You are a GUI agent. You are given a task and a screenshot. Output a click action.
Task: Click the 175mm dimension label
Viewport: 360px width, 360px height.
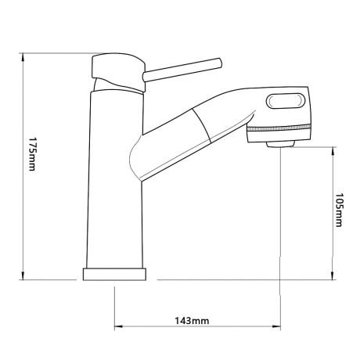[x=32, y=154]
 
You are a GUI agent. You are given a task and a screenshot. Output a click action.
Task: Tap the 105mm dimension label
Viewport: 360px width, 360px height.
[x=339, y=210]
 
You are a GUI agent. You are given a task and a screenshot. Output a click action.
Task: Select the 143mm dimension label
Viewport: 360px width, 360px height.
[x=192, y=321]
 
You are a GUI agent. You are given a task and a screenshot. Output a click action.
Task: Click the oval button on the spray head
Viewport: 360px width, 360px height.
[x=286, y=101]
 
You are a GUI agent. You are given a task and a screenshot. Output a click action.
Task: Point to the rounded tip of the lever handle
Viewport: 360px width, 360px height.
[x=219, y=63]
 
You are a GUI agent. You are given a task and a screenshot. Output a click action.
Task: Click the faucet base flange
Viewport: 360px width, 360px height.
[x=114, y=274]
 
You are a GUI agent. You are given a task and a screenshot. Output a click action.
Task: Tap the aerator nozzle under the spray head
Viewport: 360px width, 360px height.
[x=280, y=144]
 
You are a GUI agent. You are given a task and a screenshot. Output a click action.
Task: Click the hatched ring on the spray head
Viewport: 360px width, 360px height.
[x=279, y=128]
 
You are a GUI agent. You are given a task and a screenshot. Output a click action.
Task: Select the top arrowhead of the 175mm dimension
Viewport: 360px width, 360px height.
[x=23, y=57]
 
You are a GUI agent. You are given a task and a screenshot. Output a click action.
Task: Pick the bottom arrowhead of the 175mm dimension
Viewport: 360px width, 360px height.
[x=23, y=275]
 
